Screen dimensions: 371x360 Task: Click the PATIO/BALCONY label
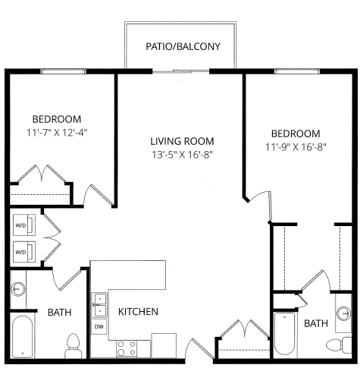[183, 46]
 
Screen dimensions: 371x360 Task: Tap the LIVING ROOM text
[181, 141]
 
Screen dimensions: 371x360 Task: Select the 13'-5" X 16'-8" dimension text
[181, 155]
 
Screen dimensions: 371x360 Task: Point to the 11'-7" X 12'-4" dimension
[57, 133]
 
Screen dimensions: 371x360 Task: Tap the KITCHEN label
[137, 312]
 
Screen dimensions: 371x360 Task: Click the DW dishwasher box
[99, 327]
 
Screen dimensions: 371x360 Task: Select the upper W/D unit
[21, 226]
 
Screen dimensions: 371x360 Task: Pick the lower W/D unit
[21, 250]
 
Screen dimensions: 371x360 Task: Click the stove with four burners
[127, 349]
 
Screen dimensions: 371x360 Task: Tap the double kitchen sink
[99, 304]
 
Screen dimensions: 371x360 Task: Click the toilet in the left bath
[74, 346]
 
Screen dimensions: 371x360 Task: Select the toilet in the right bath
[333, 346]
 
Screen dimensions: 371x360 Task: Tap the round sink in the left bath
[19, 289]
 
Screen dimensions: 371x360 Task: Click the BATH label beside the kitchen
[60, 312]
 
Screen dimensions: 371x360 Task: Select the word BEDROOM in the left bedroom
[57, 119]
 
